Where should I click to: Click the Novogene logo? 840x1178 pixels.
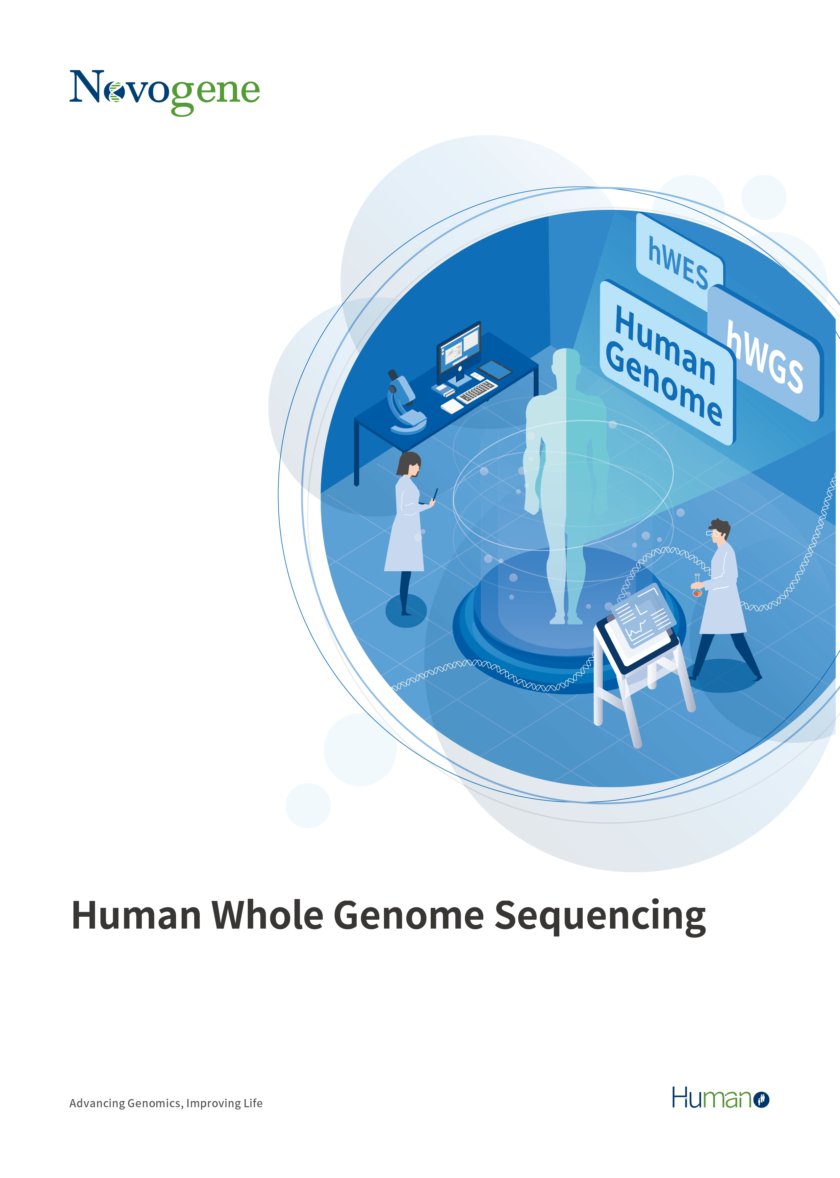pos(165,92)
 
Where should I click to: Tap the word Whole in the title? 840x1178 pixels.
pos(268,915)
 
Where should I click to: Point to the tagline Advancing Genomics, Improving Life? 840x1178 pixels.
pos(166,1103)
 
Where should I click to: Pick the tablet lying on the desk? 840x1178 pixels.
pos(495,370)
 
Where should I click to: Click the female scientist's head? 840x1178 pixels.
pos(410,464)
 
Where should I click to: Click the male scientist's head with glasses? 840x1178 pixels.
pos(719,532)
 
